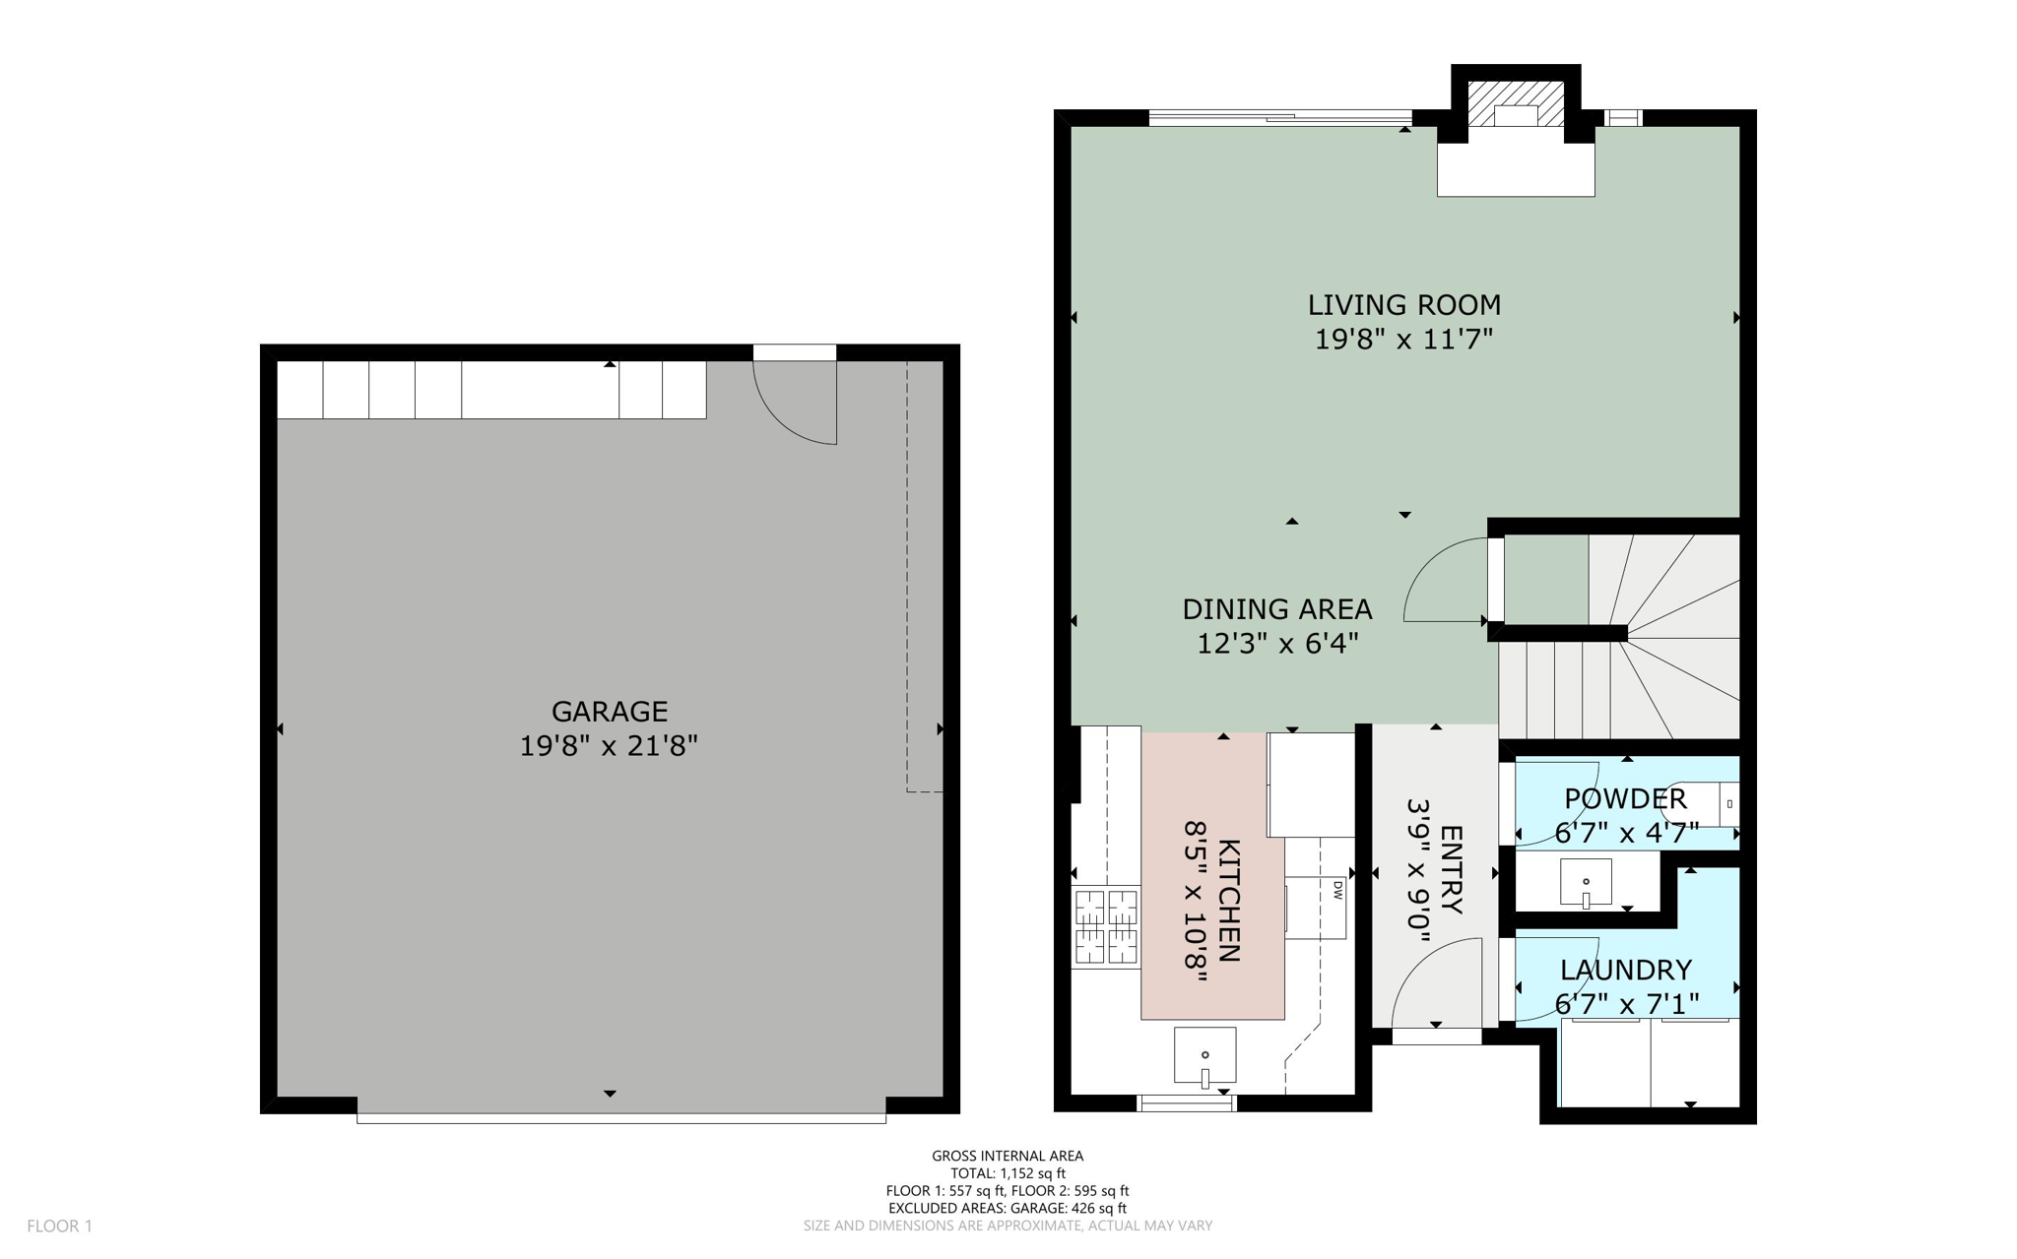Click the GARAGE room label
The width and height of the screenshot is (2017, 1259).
(x=609, y=711)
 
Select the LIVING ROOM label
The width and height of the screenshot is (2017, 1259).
(x=1403, y=305)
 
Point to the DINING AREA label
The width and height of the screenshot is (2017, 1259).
(x=1276, y=609)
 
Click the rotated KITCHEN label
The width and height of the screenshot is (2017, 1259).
(x=1229, y=900)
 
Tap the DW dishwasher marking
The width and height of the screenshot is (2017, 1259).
(x=1337, y=890)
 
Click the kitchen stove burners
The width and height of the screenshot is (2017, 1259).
(x=1105, y=925)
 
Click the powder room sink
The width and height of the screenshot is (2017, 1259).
(x=1586, y=882)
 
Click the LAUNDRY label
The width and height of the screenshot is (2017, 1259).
(x=1626, y=971)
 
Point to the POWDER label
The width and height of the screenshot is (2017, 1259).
(x=1625, y=798)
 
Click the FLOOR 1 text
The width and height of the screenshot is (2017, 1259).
(x=59, y=1226)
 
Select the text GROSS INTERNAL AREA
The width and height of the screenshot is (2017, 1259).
(x=1007, y=1156)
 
